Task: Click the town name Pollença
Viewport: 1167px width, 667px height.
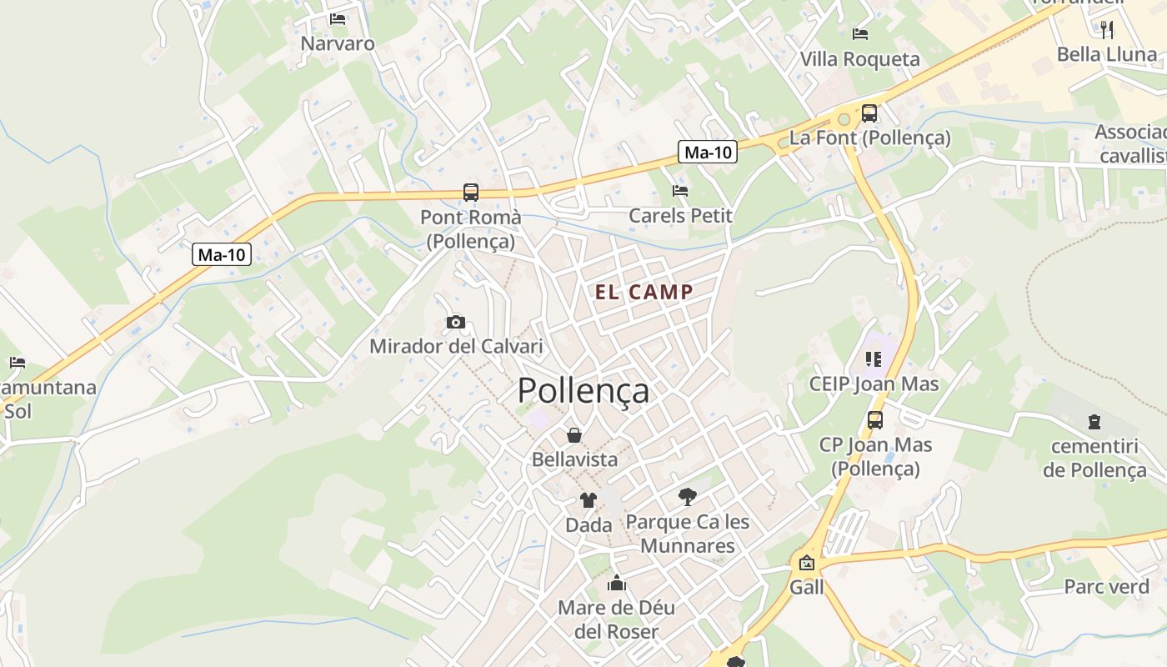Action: pos(583,390)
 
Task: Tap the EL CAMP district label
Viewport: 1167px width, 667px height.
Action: pos(644,292)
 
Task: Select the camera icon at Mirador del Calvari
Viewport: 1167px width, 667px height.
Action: pos(455,322)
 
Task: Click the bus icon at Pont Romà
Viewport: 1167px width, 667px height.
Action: pos(471,193)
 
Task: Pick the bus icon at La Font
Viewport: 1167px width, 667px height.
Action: pos(869,113)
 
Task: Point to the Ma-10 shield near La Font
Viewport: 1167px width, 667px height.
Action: pos(708,152)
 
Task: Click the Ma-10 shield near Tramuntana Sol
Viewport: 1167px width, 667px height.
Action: pos(222,254)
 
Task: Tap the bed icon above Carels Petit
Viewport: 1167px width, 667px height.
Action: pos(680,190)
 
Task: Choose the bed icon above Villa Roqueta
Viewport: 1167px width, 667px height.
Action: pos(860,34)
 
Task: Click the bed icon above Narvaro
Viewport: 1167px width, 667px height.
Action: pos(338,18)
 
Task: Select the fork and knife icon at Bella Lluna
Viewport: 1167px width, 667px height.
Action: pos(1107,29)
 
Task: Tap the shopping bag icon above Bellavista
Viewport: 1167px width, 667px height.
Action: pos(574,434)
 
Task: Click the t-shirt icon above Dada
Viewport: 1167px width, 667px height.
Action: pos(589,500)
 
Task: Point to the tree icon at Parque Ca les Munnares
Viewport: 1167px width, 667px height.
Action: pos(688,497)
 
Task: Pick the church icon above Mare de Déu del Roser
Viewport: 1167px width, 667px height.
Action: pos(617,582)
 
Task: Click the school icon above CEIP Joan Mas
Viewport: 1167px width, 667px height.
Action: pos(874,359)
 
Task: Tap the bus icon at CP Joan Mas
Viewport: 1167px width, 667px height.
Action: pos(875,419)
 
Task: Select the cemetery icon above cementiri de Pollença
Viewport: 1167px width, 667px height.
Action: pos(1094,422)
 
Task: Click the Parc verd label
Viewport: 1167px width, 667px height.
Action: pos(1106,587)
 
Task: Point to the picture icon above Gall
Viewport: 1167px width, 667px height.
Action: pos(806,563)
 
